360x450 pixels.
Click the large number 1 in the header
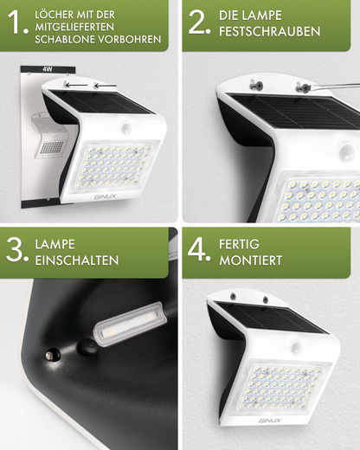coord(15,25)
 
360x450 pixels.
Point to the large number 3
coord(16,252)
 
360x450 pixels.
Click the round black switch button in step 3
coord(86,347)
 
